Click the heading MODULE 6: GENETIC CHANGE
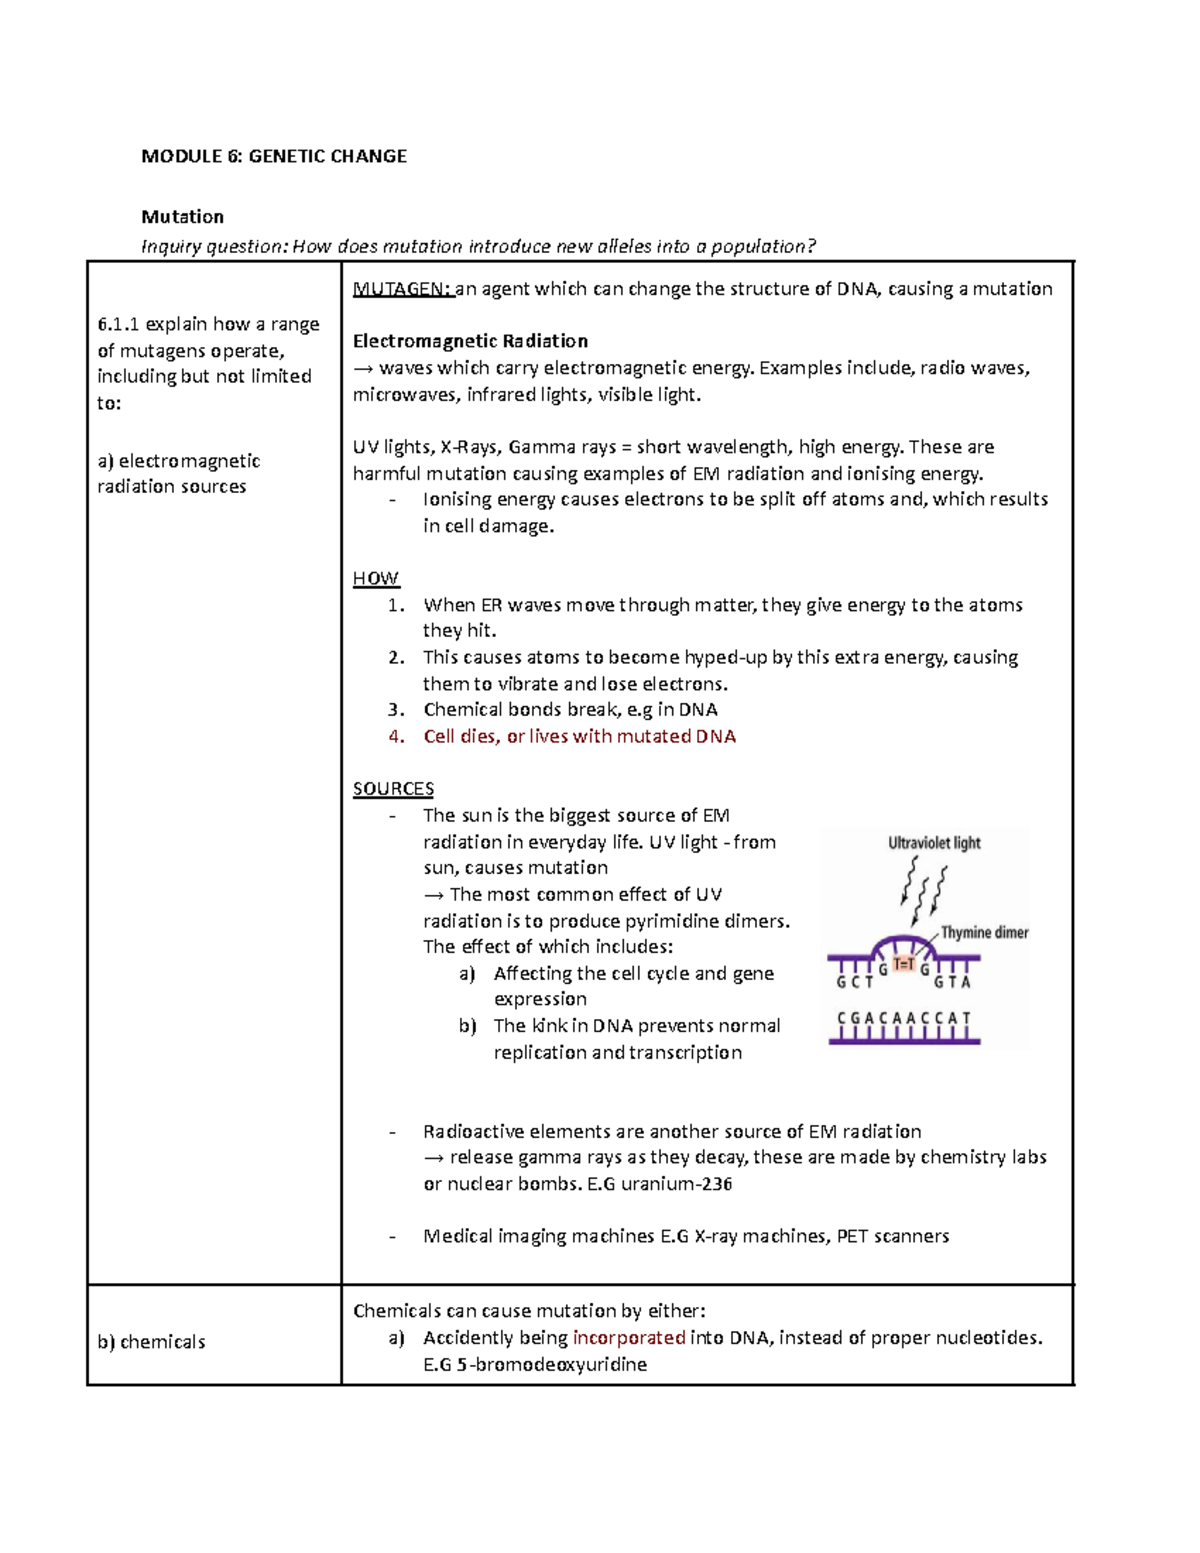click(x=274, y=156)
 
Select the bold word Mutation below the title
click(x=182, y=217)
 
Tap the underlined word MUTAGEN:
click(x=402, y=289)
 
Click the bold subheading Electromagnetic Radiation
click(x=470, y=341)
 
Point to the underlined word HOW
click(x=375, y=578)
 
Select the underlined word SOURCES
click(x=393, y=788)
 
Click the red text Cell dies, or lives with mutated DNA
click(x=579, y=736)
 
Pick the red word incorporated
click(x=628, y=1337)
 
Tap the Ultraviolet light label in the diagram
click(x=934, y=843)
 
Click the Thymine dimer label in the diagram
click(x=984, y=932)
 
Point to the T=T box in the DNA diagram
click(x=904, y=964)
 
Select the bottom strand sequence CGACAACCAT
click(x=904, y=1018)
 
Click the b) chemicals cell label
click(x=151, y=1342)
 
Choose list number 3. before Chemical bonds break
click(x=396, y=710)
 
